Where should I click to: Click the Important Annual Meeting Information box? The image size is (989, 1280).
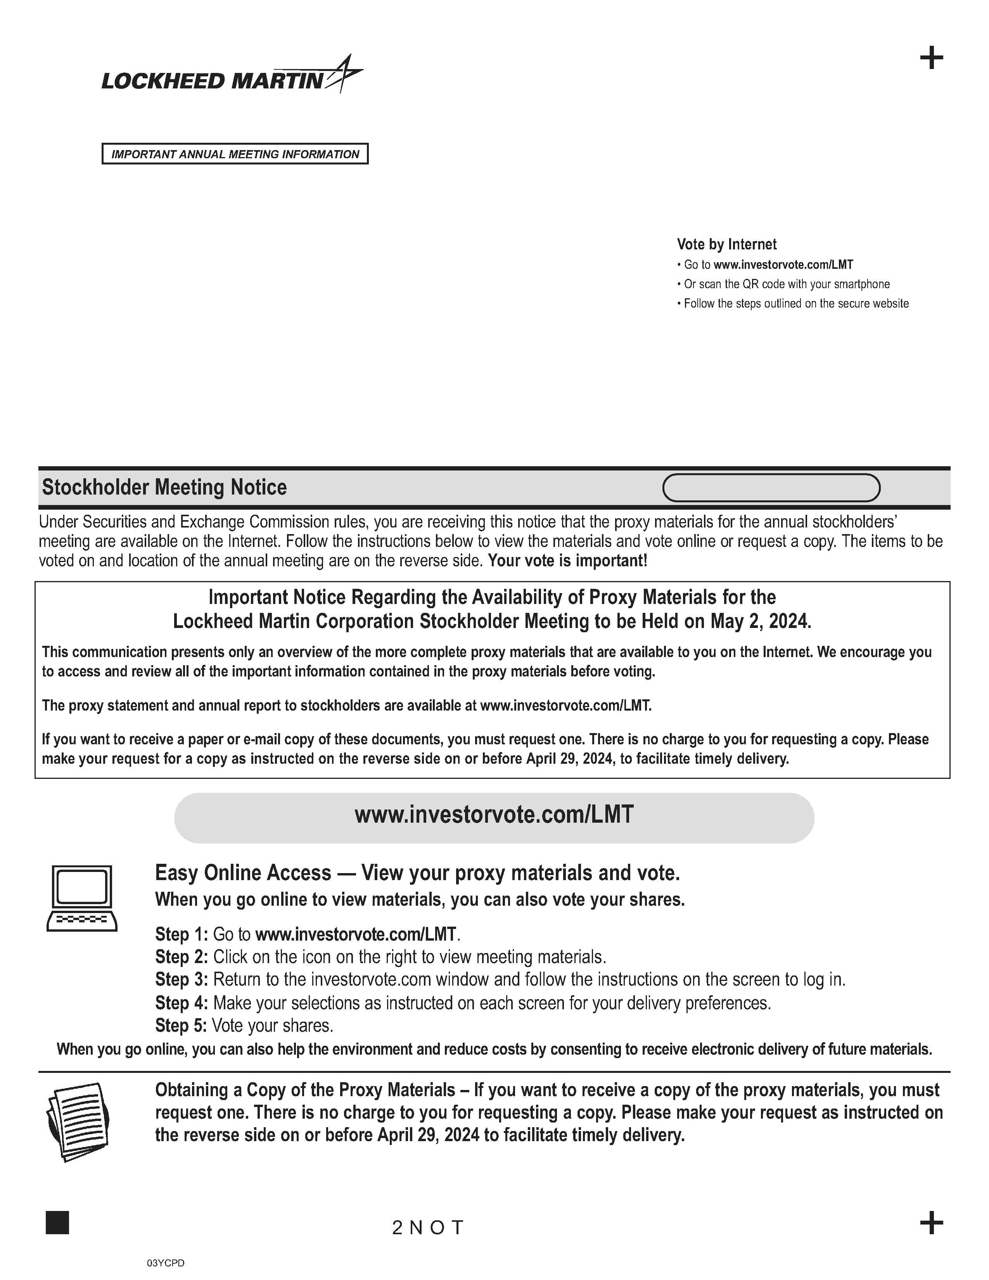(235, 154)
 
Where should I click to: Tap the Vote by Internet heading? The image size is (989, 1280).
(726, 244)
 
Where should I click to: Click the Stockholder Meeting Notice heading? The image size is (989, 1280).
(164, 488)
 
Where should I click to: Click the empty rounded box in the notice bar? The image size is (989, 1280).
(771, 488)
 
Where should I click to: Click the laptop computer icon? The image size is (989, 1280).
(82, 898)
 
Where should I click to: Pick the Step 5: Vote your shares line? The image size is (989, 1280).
(244, 1026)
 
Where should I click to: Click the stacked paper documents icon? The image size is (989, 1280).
(78, 1122)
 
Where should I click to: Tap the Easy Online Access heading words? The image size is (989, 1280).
(243, 873)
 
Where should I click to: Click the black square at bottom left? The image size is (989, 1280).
(57, 1223)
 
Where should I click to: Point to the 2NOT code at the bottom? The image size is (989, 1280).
(428, 1227)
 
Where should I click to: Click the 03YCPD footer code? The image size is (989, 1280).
(166, 1263)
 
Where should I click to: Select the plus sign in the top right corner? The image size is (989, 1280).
(931, 58)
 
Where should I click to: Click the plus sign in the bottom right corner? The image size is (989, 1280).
(931, 1223)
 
